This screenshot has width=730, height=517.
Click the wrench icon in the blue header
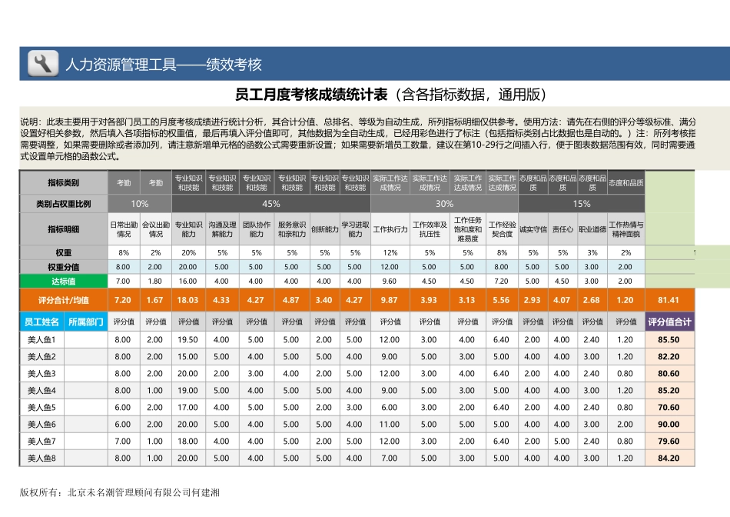pyautogui.click(x=43, y=64)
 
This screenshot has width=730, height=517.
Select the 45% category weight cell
pyautogui.click(x=270, y=204)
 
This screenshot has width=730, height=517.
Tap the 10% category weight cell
pyautogui.click(x=140, y=204)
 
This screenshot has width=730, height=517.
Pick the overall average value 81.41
pyautogui.click(x=669, y=300)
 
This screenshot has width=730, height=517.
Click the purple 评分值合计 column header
pyautogui.click(x=669, y=322)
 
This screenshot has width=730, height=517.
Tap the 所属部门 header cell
pyautogui.click(x=85, y=322)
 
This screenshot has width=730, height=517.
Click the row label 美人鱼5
pyautogui.click(x=41, y=407)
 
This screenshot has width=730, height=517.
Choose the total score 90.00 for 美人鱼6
pyautogui.click(x=669, y=424)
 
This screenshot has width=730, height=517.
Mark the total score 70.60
pyautogui.click(x=669, y=407)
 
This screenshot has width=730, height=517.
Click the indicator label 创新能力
pyautogui.click(x=324, y=229)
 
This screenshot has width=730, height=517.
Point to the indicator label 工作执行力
pyautogui.click(x=390, y=229)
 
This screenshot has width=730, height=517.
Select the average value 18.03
pyautogui.click(x=187, y=300)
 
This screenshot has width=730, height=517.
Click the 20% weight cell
pyautogui.click(x=187, y=252)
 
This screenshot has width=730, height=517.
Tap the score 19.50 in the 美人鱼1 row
pyautogui.click(x=187, y=339)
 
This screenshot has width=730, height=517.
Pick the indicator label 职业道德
pyautogui.click(x=592, y=229)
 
